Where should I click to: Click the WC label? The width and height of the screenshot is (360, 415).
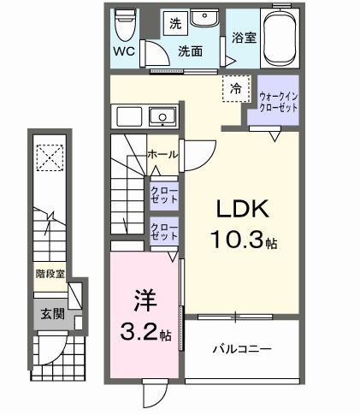(124, 50)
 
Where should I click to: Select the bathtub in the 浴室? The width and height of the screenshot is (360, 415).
(280, 39)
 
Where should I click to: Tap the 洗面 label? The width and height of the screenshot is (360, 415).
(189, 50)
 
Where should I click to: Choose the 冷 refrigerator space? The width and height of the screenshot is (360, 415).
(234, 87)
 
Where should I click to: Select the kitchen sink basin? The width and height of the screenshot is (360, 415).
(160, 116)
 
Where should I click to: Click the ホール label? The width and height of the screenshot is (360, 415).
(162, 155)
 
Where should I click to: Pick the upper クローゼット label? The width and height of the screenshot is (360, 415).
(163, 194)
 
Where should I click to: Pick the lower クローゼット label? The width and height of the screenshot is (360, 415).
(163, 230)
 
